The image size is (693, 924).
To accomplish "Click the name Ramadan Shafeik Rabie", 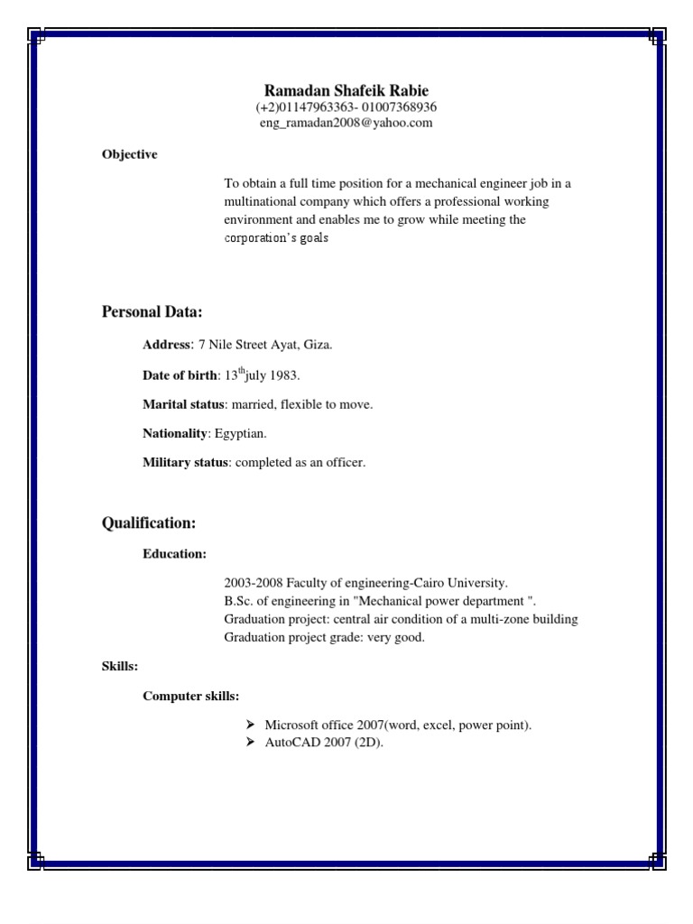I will click(346, 90).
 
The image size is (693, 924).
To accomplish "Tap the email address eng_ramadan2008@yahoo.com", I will click(346, 123).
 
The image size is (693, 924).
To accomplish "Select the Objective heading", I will click(130, 154).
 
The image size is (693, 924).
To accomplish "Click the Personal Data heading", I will click(152, 312).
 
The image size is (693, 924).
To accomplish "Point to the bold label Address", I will click(167, 345).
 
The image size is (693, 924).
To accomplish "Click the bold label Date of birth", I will click(180, 375).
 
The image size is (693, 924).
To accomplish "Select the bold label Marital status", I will click(183, 405).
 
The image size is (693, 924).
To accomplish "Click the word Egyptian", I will click(240, 434).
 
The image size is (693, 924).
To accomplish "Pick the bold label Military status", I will click(185, 463).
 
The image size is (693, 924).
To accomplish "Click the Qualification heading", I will click(149, 523).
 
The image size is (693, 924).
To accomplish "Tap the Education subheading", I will click(174, 553).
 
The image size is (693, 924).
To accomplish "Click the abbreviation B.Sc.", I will click(238, 601).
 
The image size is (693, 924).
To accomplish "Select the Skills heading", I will click(120, 666).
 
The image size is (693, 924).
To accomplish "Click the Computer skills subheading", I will click(190, 696).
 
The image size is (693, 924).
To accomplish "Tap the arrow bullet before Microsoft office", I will click(250, 725).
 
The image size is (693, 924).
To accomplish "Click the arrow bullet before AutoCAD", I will click(250, 743).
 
